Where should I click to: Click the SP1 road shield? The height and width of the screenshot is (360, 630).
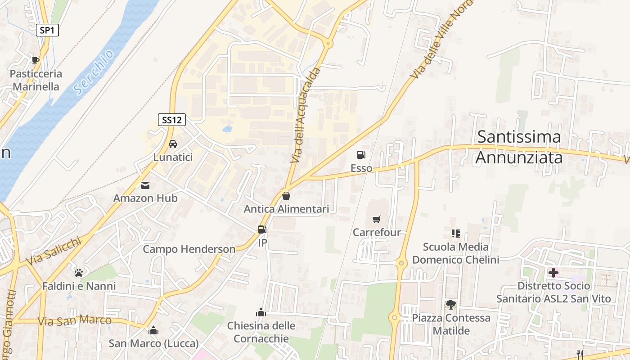coord(47,31)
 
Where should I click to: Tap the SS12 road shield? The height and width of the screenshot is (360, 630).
coord(172,120)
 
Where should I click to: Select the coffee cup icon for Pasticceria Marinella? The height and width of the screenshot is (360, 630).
coord(36,60)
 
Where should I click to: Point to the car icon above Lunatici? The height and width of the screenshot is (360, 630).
coord(172,144)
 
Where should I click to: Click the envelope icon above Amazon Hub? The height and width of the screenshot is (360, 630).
coord(145,185)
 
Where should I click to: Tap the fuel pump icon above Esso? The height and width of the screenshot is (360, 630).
coord(361,155)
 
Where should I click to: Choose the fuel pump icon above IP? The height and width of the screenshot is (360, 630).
coord(262,229)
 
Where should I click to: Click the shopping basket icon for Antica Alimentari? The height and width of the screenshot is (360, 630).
coord(286,196)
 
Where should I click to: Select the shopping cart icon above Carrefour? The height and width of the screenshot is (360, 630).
coord(377,220)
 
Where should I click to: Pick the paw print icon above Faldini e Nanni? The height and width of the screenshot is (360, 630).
coord(79,273)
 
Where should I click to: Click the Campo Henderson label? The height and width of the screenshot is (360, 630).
coord(189,249)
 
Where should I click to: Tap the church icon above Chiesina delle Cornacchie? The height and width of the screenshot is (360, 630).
coord(261,312)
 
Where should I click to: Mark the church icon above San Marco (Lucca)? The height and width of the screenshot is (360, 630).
coord(153,331)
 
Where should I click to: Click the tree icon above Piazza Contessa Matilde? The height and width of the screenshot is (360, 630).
coord(450,305)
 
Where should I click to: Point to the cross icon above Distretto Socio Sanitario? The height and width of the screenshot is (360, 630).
coord(553,273)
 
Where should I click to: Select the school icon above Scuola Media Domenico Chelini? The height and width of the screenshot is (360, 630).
coord(455,234)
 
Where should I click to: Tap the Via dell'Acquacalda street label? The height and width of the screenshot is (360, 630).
coord(306,115)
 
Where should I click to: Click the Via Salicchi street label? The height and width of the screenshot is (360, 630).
coord(54,251)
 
